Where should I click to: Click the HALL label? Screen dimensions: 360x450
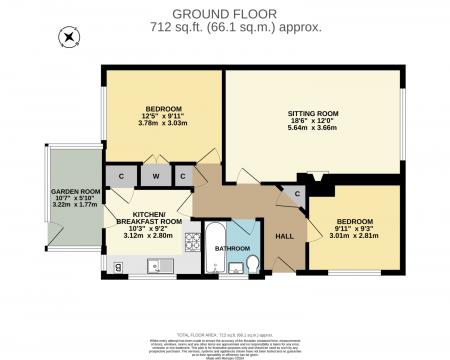pyautogui.click(x=285, y=236)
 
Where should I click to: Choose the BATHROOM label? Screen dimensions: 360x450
pyautogui.click(x=232, y=247)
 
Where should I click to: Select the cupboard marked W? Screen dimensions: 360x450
pyautogui.click(x=156, y=177)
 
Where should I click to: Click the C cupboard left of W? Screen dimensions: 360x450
pyautogui.click(x=121, y=177)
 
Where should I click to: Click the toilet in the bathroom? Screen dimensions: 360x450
pyautogui.click(x=254, y=263)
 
